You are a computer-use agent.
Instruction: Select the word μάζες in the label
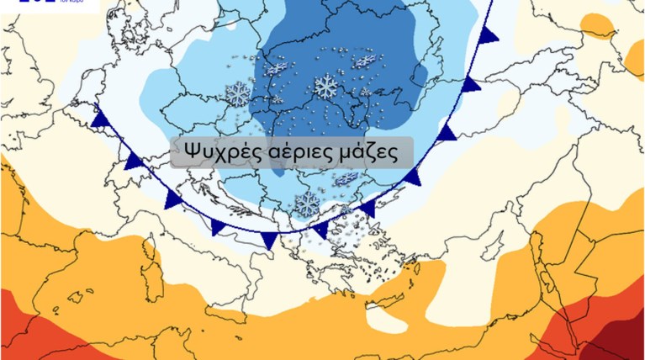(x=363, y=153)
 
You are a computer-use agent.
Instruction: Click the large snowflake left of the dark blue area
(x=238, y=93)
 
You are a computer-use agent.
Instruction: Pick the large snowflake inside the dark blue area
(x=325, y=85)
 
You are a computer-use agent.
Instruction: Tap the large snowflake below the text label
(x=308, y=203)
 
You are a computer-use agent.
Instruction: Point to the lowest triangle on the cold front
(x=269, y=241)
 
